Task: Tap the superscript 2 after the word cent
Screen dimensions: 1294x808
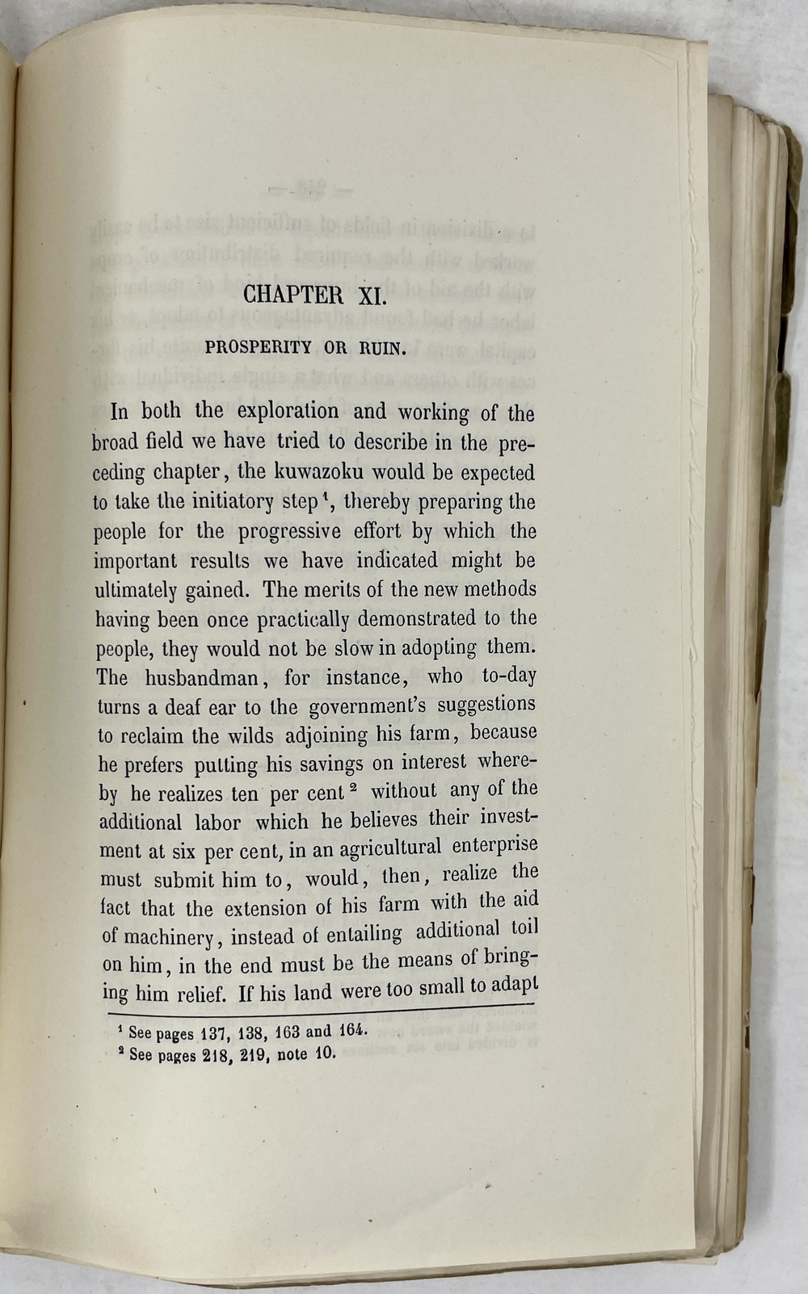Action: [x=354, y=786]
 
